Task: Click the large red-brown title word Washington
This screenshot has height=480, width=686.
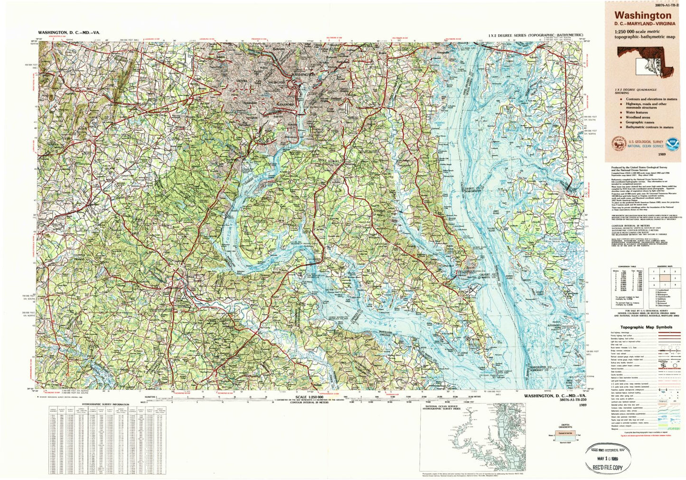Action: point(643,16)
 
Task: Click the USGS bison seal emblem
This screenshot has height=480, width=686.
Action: point(618,143)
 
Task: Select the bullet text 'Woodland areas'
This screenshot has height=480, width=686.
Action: point(638,117)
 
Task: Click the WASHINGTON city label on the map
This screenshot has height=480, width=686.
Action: point(302,75)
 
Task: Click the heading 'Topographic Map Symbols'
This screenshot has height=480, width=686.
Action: point(646,327)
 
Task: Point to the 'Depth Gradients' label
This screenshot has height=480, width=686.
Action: point(565,426)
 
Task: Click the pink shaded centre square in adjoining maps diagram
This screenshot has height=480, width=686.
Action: point(669,278)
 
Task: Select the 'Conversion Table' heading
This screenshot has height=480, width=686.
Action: point(623,268)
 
